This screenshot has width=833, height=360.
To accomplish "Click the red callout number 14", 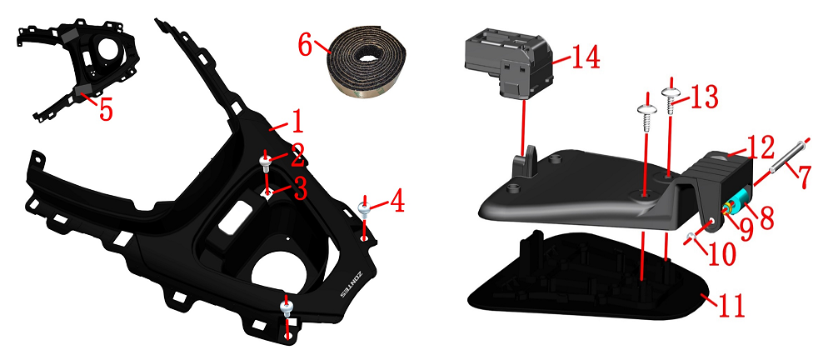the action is click(x=586, y=57).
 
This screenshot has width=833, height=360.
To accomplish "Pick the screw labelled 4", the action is click(x=365, y=209).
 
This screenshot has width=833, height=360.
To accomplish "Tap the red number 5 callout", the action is click(x=107, y=110).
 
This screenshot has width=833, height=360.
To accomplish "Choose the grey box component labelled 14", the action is click(x=507, y=64).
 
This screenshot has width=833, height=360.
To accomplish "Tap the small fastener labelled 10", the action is click(x=691, y=236).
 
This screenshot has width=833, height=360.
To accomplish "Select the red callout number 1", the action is click(x=297, y=121).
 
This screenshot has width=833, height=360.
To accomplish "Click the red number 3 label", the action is click(x=301, y=190).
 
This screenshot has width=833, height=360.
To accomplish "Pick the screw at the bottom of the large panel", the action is click(x=287, y=308).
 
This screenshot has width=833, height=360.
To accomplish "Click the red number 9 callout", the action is click(x=746, y=227).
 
